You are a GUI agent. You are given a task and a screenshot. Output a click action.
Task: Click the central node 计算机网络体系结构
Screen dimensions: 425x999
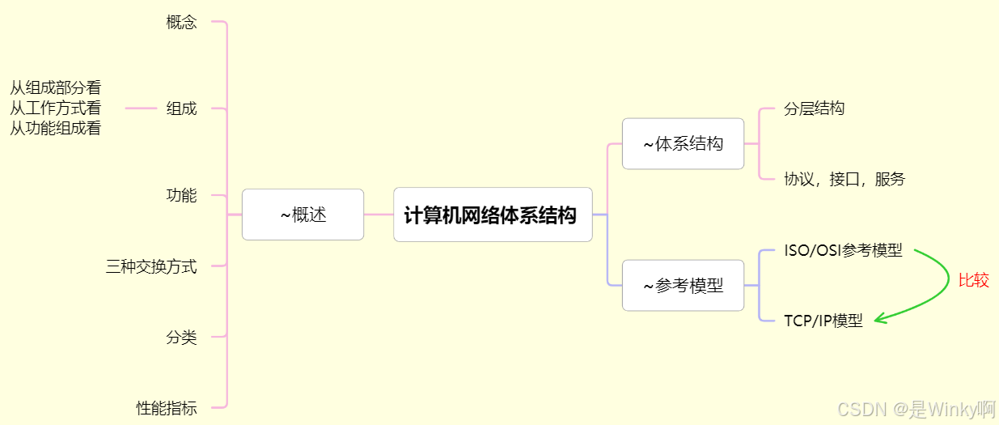[492, 215]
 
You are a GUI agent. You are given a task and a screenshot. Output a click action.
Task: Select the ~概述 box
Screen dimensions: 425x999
[303, 215]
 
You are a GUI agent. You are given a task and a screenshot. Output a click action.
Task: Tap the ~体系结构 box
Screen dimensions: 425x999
[683, 144]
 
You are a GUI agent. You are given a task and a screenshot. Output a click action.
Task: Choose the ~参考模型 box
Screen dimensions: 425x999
[683, 285]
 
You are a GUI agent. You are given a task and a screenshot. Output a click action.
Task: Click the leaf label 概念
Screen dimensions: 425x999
[181, 23]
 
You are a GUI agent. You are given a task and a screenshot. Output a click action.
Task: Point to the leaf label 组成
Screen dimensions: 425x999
[181, 108]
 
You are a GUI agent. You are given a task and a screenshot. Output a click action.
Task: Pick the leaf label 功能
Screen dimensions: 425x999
[181, 195]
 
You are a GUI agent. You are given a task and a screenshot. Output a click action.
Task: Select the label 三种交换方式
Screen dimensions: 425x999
[151, 266]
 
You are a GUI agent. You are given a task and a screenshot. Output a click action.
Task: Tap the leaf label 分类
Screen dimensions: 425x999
[181, 337]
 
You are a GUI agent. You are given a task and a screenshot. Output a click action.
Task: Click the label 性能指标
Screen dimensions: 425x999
[167, 408]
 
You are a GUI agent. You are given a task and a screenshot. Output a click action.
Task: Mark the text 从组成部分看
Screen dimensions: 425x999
[55, 88]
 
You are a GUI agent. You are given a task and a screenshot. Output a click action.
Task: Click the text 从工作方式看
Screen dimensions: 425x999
[55, 108]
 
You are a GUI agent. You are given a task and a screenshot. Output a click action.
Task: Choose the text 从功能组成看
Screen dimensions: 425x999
[55, 128]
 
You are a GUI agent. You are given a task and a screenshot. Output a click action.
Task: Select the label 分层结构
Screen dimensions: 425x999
[814, 108]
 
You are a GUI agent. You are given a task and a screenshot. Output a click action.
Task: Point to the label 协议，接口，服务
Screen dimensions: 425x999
[844, 180]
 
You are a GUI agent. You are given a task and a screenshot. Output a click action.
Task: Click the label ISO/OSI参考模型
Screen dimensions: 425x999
[843, 250]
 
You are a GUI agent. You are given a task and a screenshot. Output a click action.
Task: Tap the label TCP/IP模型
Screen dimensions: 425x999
[823, 321]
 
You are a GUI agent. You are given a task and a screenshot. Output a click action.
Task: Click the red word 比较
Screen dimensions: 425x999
[973, 281]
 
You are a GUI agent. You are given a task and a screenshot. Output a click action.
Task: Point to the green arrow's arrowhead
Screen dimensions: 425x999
[879, 319]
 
